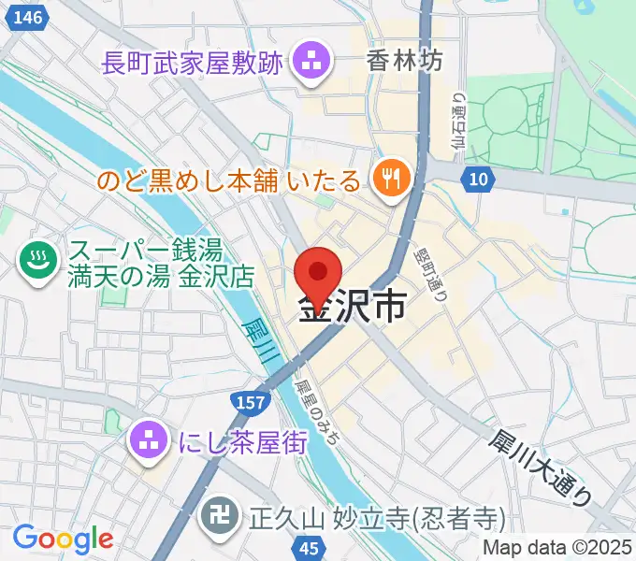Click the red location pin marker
[318, 272]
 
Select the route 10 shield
[478, 178]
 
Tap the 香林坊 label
[404, 63]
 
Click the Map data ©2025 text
[556, 548]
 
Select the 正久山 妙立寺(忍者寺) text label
[376, 517]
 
